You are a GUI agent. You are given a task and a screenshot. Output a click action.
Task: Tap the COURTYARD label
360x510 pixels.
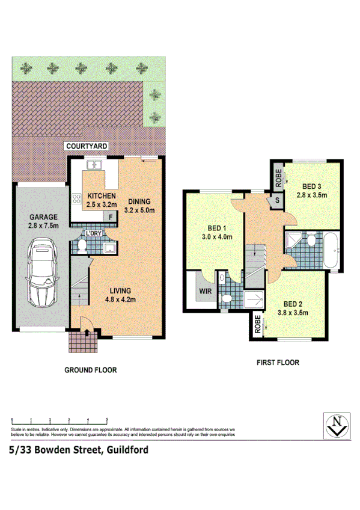point(87,146)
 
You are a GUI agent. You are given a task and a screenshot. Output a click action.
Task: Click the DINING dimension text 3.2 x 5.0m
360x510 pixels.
point(139,210)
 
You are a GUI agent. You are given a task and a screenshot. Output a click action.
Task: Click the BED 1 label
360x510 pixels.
point(216,228)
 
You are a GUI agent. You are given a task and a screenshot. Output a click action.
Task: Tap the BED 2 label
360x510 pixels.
point(296,304)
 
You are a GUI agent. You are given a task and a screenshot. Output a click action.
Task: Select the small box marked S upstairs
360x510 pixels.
point(278,201)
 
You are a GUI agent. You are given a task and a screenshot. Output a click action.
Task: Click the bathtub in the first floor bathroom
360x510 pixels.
point(331,248)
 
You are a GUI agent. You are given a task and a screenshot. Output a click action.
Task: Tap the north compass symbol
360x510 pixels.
point(336,425)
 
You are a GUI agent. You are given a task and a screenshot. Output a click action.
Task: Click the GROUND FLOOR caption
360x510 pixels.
point(90,370)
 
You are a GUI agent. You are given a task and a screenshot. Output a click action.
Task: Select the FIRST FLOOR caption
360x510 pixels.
point(278,363)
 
